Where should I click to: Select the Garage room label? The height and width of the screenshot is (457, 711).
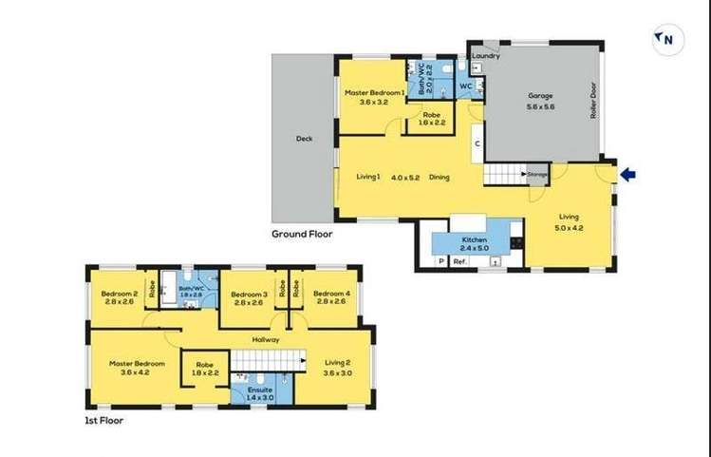[x=540, y=96]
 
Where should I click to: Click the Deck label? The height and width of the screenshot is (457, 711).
[x=304, y=139]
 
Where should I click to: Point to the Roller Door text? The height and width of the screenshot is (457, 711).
[x=591, y=98]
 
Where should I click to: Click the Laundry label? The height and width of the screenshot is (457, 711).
[x=487, y=55]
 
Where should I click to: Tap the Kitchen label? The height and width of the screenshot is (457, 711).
[x=475, y=239]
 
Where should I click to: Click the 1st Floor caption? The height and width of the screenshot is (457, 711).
[x=104, y=419]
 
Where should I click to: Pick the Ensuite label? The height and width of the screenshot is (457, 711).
[x=259, y=390]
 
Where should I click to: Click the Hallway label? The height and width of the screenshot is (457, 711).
[x=265, y=339]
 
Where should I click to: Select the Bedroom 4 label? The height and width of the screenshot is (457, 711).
[x=331, y=294]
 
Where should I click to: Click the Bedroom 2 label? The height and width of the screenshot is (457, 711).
[x=120, y=294]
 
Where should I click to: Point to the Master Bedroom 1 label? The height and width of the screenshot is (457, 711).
[x=375, y=93]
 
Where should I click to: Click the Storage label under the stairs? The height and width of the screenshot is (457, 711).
[x=538, y=175]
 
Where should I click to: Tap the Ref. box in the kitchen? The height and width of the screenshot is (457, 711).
[x=459, y=261]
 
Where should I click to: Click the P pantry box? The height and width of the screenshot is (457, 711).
[x=441, y=261]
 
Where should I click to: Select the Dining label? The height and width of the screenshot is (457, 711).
[x=439, y=177]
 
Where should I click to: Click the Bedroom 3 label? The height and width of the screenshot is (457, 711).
[x=250, y=295]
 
